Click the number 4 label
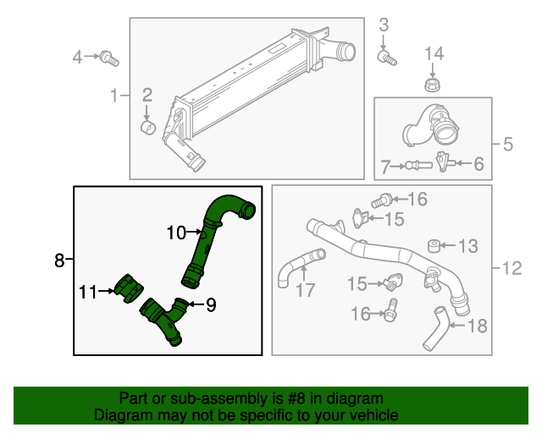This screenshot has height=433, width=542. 77,58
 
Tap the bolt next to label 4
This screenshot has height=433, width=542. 108,58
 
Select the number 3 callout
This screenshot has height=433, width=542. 383,25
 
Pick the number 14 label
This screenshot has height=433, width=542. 433,54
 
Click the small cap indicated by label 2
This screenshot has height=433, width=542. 147,128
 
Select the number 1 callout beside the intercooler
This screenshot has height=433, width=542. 115,96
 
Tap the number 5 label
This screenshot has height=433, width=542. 507,145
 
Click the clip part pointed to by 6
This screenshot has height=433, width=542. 441,161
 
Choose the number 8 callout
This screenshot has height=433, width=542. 58,260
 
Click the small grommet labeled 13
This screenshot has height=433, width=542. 434,246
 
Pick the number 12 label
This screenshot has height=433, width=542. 511,270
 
